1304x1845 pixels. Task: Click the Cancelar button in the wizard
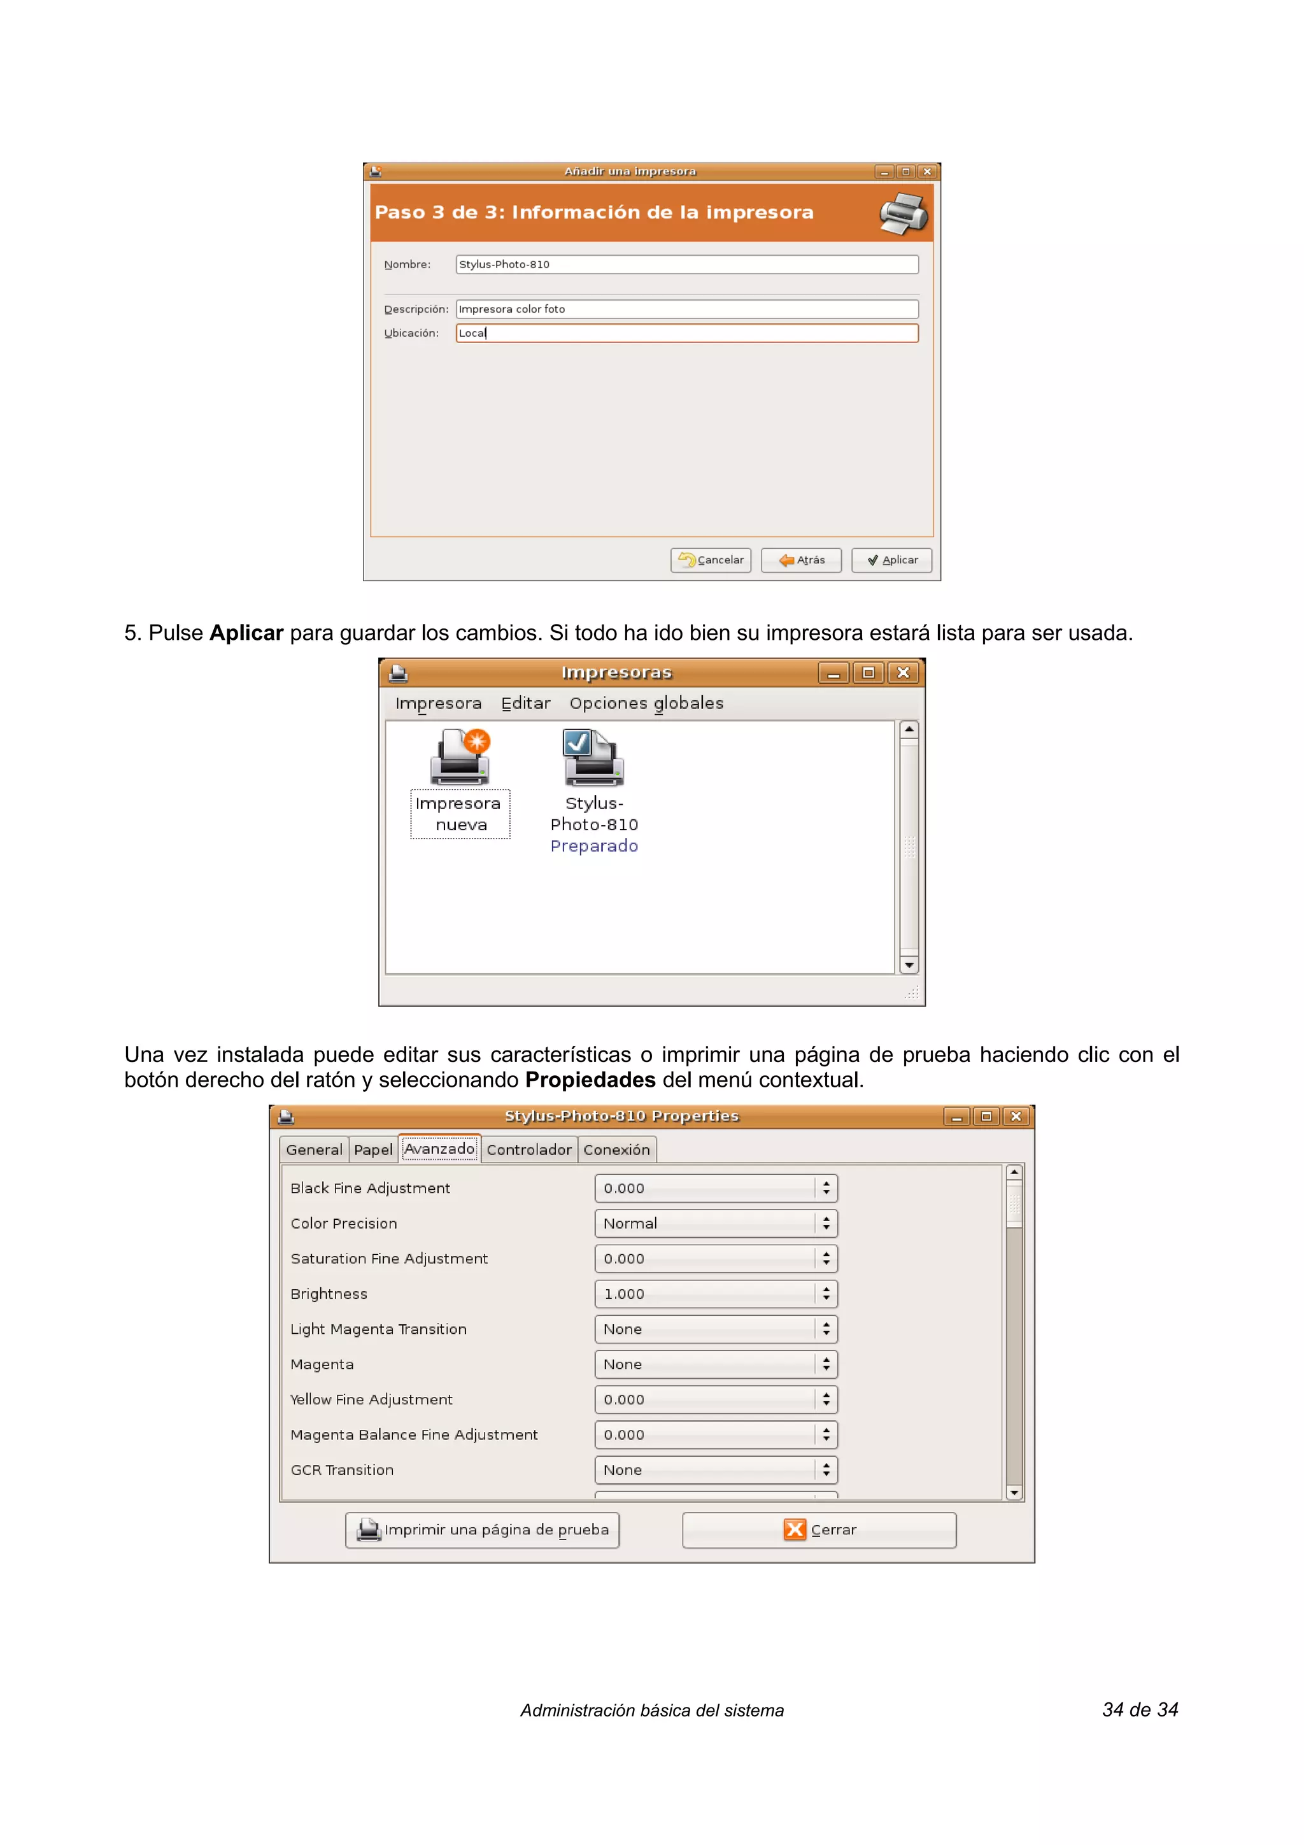[710, 560]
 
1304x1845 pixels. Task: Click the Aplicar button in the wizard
[891, 560]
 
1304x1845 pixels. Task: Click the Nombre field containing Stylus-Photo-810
[686, 264]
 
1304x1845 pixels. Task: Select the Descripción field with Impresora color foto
[686, 309]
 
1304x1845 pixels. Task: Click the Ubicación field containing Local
[686, 334]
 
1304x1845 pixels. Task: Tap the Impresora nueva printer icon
[460, 758]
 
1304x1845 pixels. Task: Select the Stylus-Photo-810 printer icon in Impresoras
[593, 758]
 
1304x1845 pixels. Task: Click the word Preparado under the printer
[594, 846]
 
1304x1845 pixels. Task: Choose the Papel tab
[373, 1150]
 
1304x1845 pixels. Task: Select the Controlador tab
[528, 1150]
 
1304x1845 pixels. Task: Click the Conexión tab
[616, 1150]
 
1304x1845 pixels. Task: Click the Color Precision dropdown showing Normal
[715, 1224]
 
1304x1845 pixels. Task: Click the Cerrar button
[819, 1530]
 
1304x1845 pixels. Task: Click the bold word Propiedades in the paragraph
[590, 1080]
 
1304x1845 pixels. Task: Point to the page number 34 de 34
[1139, 1710]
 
